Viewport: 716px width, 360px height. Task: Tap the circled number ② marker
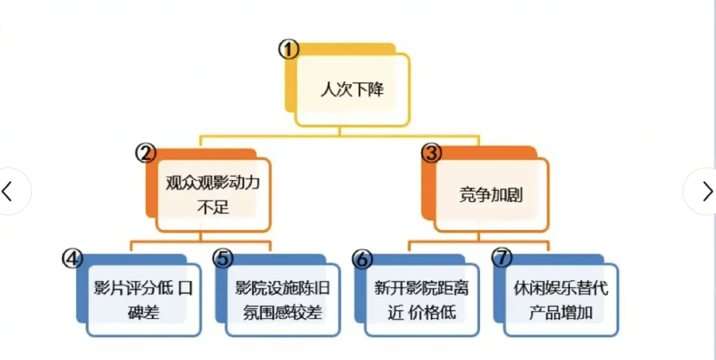tap(145, 153)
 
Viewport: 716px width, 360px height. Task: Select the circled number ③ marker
tap(432, 153)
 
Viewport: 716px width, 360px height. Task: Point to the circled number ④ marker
tap(72, 258)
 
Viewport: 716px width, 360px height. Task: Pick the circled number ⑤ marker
tap(223, 258)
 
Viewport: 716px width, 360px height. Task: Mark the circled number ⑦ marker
tap(501, 258)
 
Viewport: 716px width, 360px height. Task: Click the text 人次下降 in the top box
tap(352, 90)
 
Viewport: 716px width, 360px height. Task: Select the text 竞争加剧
tap(491, 195)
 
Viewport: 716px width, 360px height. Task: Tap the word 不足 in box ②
tap(213, 207)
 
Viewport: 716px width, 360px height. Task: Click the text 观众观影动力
tap(213, 183)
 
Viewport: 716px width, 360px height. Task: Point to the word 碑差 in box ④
tap(143, 312)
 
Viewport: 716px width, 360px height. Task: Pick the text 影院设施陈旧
tap(283, 288)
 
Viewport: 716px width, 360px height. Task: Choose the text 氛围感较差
tap(283, 312)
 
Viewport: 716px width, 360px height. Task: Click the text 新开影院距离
tap(421, 288)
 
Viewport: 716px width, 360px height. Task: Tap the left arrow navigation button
tap(8, 191)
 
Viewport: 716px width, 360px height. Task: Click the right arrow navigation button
tap(707, 191)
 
